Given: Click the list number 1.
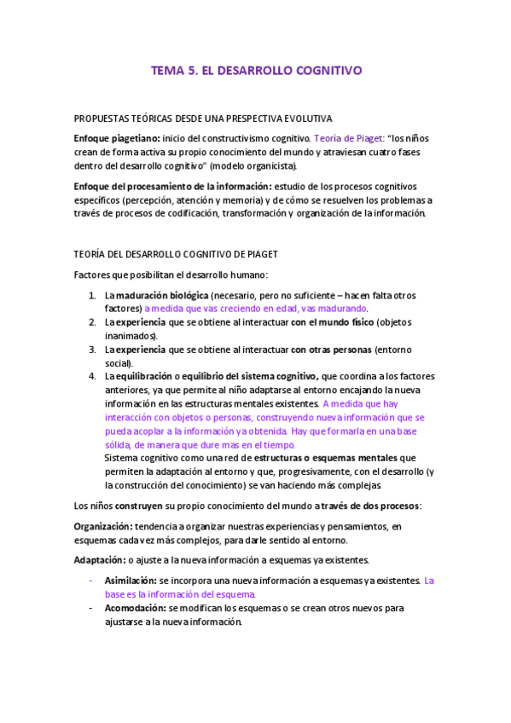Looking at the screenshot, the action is coord(92,295).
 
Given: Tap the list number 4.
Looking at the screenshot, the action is coord(92,376).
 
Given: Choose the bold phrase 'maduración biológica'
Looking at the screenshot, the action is coord(162,295).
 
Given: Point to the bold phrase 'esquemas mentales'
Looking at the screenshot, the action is coord(351,457).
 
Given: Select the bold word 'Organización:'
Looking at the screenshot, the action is coord(105,527).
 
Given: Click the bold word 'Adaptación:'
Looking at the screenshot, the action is coord(99,560).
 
